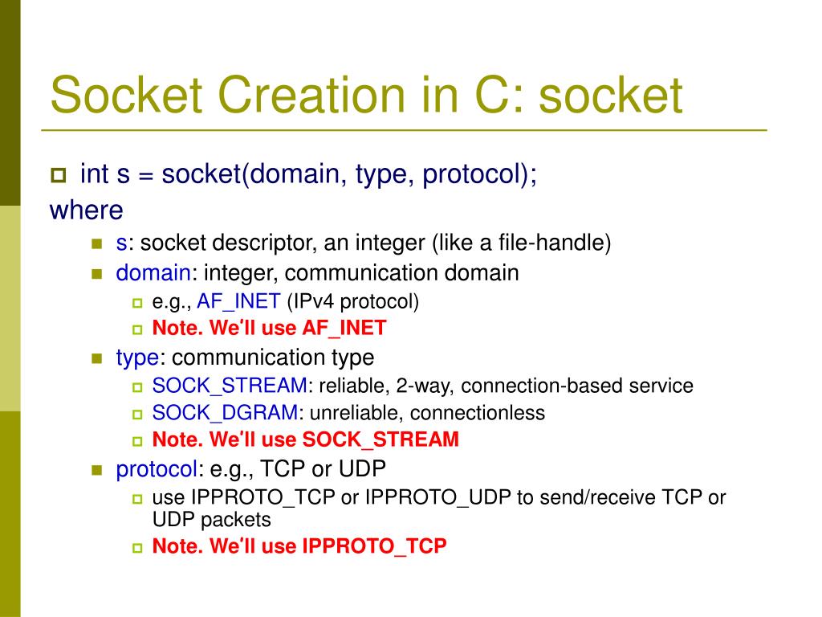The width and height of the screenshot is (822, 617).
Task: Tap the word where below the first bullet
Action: pos(87,210)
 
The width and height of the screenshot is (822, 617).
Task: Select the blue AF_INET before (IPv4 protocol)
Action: pos(238,302)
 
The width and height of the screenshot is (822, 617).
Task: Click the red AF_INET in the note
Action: pos(344,328)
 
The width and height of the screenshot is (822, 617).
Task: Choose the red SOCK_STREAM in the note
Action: pos(380,439)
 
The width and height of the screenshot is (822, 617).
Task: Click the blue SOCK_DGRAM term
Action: pos(225,413)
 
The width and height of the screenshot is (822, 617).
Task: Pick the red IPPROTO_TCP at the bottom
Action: pos(374,546)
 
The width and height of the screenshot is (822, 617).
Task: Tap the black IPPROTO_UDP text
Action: pos(438,497)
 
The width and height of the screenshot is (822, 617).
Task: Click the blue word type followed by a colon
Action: pos(136,358)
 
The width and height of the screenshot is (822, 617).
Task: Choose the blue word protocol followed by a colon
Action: pos(157,468)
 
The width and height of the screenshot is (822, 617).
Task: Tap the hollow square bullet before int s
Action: pos(58,175)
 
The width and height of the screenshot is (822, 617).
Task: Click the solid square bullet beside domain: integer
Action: pos(97,274)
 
